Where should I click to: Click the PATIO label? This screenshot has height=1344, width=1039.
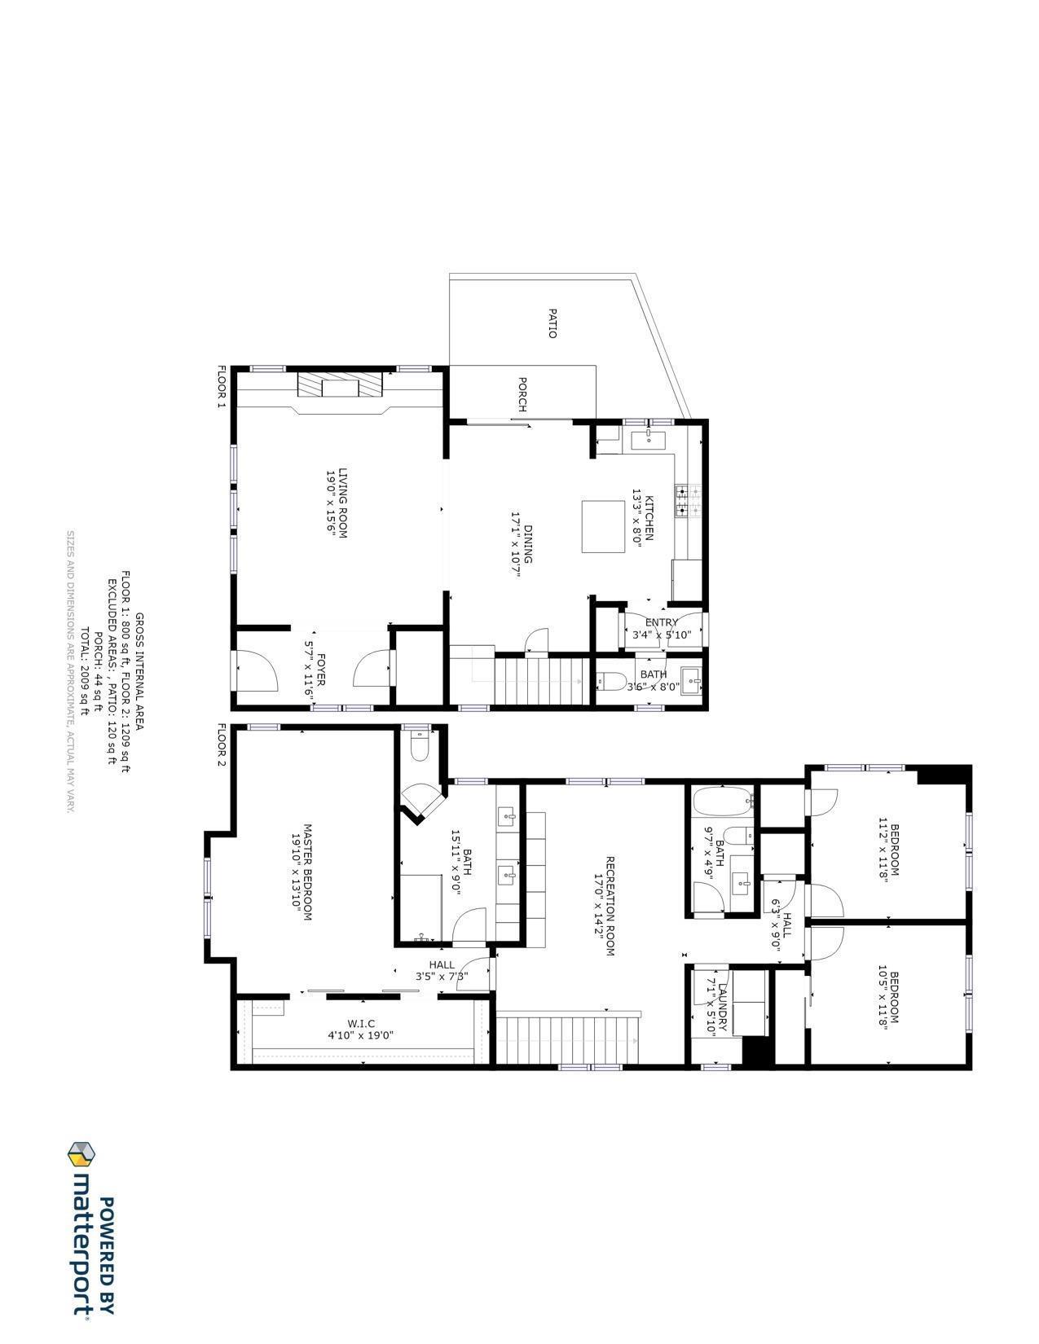coord(552,323)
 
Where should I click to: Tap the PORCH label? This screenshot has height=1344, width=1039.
coord(522,395)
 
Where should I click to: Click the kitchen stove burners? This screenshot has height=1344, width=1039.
coord(681,502)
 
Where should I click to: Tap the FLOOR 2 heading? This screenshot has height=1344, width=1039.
coord(220,745)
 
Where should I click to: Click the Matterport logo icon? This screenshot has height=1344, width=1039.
coord(81,1154)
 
